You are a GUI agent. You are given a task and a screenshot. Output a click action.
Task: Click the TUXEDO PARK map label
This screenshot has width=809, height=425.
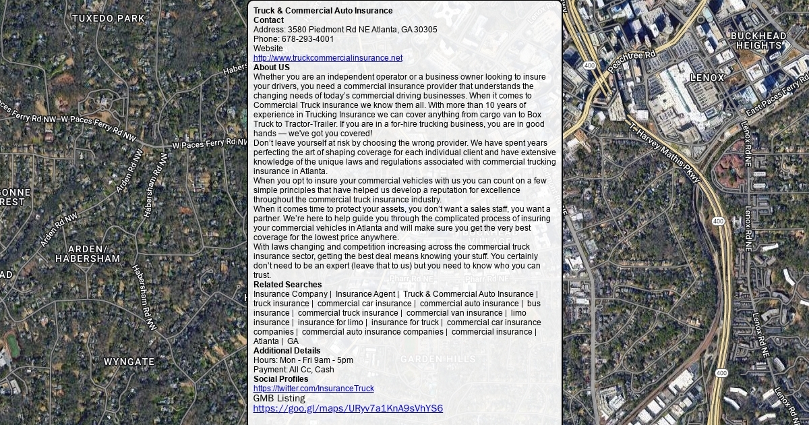pos(109,18)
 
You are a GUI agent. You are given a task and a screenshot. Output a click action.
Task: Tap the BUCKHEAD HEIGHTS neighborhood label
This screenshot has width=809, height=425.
pos(758,40)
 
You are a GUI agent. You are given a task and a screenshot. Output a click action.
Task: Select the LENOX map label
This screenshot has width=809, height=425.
pos(707,78)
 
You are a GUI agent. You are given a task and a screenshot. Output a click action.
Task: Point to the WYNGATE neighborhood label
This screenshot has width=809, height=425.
pos(129,362)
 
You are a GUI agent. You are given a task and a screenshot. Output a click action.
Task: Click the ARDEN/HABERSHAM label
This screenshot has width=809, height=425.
pos(88,254)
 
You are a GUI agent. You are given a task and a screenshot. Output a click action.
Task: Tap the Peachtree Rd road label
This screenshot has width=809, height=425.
pos(632,61)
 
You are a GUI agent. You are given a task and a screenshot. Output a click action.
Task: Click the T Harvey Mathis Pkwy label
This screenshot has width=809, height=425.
pos(665,153)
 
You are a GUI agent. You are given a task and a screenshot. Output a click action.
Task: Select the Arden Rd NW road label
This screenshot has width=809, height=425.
pos(59,229)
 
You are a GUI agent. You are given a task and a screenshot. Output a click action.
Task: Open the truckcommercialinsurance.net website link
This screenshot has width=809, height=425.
pos(328,58)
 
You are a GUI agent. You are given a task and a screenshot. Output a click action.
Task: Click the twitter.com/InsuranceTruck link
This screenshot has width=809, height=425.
pos(313,389)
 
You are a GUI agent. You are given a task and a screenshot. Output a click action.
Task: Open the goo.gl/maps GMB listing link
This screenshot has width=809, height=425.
pos(348,408)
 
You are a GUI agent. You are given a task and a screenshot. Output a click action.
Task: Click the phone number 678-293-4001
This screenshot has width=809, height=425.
pos(307,39)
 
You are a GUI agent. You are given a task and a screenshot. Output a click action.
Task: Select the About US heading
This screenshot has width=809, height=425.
pos(272,67)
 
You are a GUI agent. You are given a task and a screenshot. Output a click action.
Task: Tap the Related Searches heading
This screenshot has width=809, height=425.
pos(288,285)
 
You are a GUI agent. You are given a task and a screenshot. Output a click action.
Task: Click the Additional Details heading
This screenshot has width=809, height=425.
pos(287,351)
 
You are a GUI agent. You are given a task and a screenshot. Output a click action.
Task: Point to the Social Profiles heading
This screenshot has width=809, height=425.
pos(280,379)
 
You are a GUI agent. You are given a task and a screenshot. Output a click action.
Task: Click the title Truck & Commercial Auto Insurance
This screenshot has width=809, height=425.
pos(323,11)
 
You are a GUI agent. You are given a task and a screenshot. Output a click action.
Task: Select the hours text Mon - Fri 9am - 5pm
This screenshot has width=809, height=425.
pos(303,360)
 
